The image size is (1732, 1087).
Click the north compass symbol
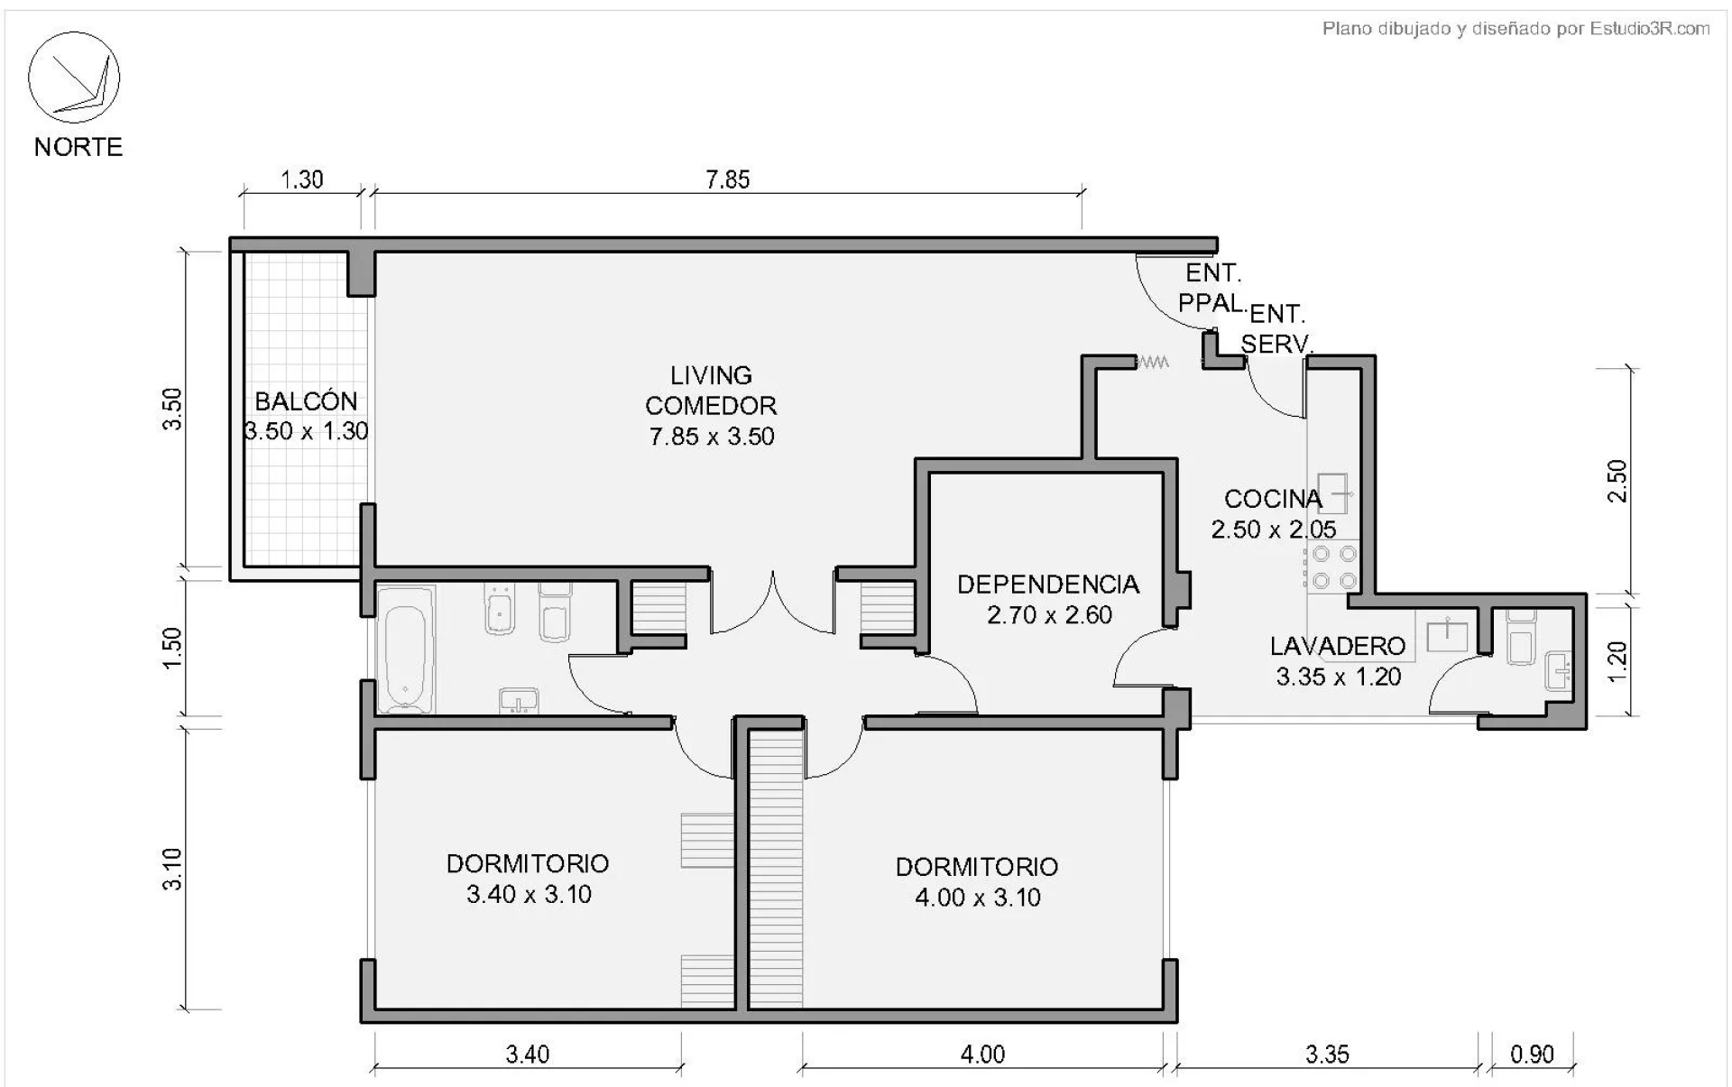(x=74, y=78)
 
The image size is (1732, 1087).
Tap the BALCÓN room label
(x=306, y=401)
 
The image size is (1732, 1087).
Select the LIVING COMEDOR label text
(x=711, y=391)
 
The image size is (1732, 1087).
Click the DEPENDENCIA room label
(x=1048, y=585)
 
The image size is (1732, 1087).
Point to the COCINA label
(x=1273, y=499)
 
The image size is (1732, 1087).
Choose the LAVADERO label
(x=1338, y=646)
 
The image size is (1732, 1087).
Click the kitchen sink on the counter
(x=1332, y=493)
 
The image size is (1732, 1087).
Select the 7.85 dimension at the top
(x=728, y=180)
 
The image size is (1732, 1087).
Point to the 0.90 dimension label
(x=1532, y=1054)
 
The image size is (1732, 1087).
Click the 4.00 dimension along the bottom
(x=982, y=1054)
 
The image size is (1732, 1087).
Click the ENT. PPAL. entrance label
(x=1213, y=288)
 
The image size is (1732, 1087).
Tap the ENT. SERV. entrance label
(x=1276, y=328)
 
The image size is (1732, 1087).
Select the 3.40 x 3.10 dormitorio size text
(x=529, y=894)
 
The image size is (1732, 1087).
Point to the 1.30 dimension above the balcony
(x=302, y=180)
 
